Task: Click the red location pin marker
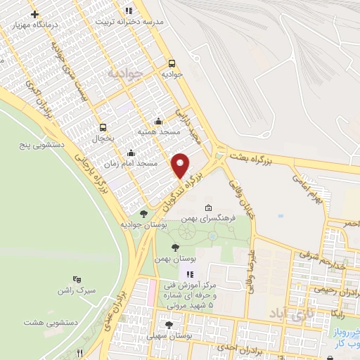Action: point(180,166)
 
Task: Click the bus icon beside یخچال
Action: point(104,127)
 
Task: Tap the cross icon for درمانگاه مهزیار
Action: point(35,13)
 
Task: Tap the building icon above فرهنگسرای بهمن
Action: point(208,208)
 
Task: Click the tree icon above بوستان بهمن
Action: point(175,247)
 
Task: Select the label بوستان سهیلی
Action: point(169,335)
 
